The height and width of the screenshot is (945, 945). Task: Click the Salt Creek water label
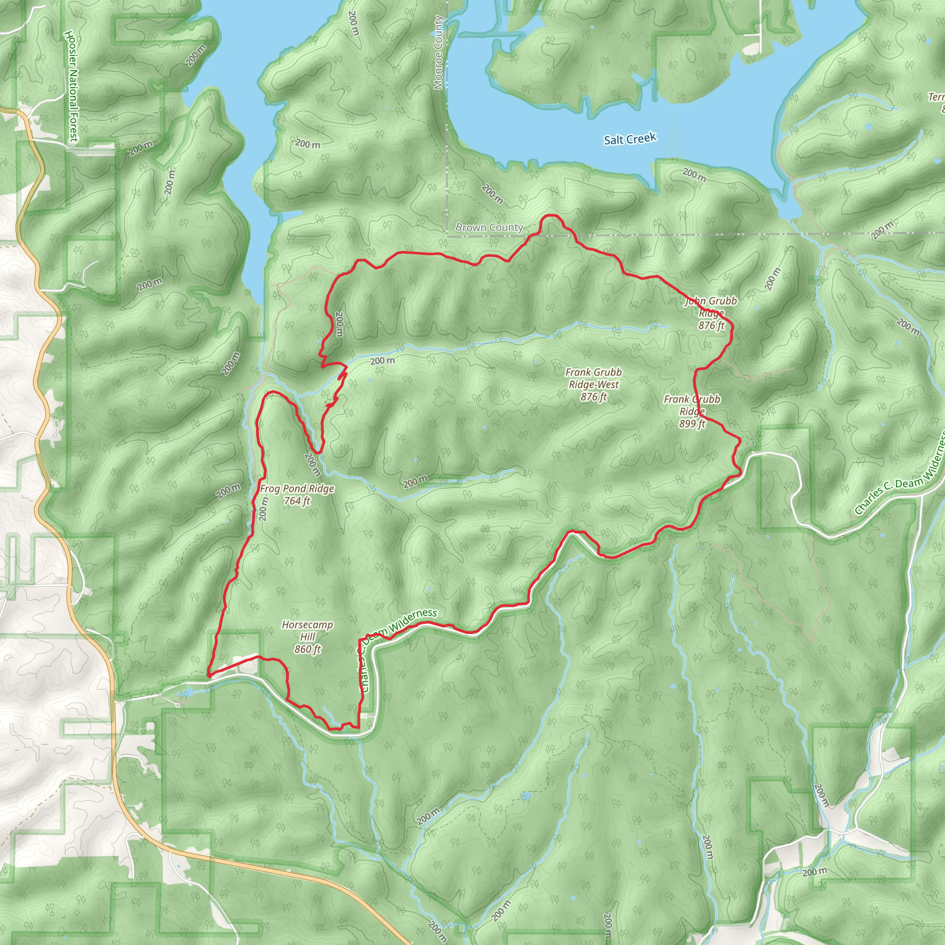629,139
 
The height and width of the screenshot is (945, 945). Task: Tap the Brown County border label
489,227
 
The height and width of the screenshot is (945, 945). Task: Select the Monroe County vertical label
438,52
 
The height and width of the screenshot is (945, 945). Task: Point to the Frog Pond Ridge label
297,489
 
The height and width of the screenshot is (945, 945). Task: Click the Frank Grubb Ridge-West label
593,378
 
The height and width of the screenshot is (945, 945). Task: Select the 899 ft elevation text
692,424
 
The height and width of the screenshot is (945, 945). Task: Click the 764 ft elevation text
297,501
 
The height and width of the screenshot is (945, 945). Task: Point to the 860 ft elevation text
307,649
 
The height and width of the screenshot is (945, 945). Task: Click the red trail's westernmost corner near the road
209,675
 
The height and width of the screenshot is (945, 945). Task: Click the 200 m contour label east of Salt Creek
694,174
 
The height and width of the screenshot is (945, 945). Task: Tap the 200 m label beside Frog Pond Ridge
263,508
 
